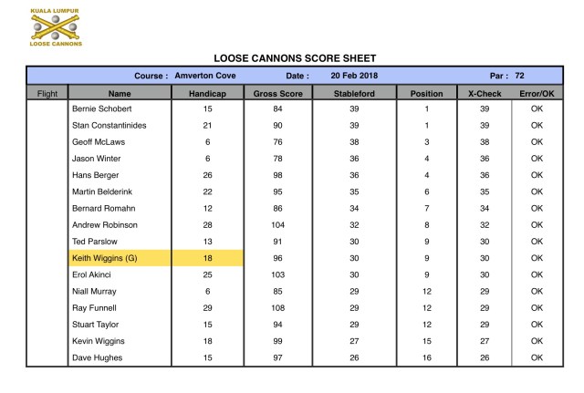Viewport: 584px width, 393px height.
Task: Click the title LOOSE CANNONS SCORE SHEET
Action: [295, 57]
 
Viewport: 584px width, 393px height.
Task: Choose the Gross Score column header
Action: [277, 92]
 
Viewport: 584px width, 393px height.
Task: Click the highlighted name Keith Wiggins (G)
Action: [105, 258]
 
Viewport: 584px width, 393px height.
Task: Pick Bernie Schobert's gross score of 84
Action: [277, 109]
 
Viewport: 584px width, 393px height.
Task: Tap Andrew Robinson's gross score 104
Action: [277, 224]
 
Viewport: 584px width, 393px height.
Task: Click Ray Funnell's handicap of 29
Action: [207, 307]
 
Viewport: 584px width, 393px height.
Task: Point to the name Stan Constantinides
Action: [109, 125]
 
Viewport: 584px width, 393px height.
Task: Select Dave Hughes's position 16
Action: [427, 357]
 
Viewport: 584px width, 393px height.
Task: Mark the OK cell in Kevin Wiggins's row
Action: [537, 341]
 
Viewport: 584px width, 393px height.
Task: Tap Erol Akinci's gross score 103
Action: [277, 274]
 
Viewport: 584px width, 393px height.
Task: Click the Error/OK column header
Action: [537, 92]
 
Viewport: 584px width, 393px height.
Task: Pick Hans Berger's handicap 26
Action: [207, 175]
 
